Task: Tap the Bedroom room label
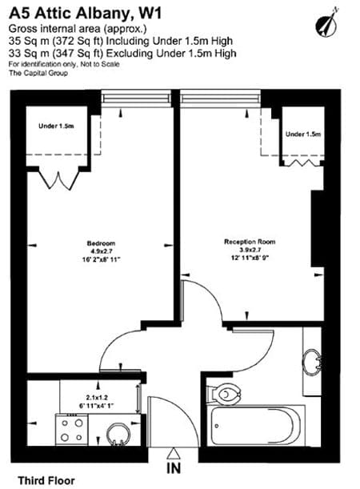coord(101,243)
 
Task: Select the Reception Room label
coord(250,242)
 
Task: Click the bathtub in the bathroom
coord(258,426)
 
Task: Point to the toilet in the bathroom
coord(225,394)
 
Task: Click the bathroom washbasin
coord(312,362)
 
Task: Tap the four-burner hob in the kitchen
coord(72,430)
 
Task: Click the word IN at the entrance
coord(174,468)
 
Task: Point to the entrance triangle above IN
coord(174,454)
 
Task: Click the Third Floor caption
coord(46,480)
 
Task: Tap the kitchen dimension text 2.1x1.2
coord(96,398)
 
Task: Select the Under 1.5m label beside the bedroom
coord(56,126)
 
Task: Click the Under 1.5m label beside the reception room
coord(303,134)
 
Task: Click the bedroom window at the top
coord(137,98)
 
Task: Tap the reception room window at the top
coord(220,98)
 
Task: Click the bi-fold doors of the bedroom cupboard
coord(58,180)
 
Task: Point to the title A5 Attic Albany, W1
coord(86,14)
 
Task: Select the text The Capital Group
coord(38,74)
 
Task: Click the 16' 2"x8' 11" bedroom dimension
coord(101,259)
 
